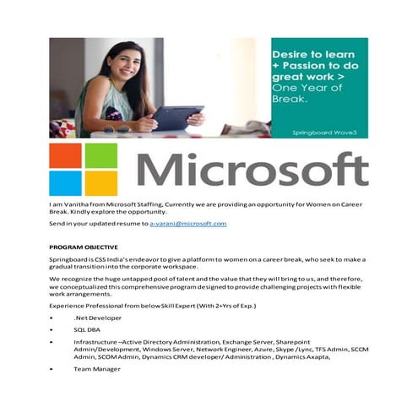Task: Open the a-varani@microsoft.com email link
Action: pyautogui.click(x=188, y=224)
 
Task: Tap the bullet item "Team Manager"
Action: pyautogui.click(x=97, y=369)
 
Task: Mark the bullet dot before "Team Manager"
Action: pyautogui.click(x=52, y=369)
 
